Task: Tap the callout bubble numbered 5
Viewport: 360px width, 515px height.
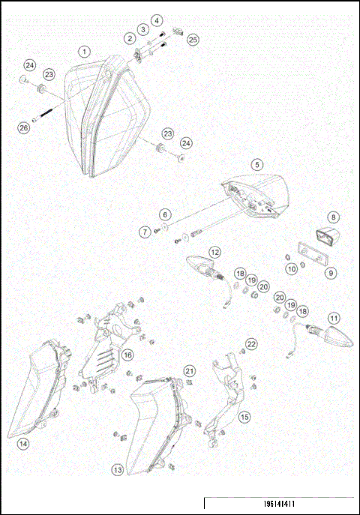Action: pyautogui.click(x=256, y=164)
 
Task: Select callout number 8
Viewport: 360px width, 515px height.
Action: pyautogui.click(x=333, y=217)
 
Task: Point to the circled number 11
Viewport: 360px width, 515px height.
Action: pyautogui.click(x=333, y=317)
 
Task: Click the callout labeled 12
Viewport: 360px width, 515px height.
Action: pyautogui.click(x=214, y=252)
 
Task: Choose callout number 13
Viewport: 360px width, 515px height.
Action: pyautogui.click(x=118, y=470)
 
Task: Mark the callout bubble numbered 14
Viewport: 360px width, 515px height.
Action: pyautogui.click(x=23, y=444)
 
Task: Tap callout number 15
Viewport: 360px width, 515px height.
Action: pyautogui.click(x=244, y=416)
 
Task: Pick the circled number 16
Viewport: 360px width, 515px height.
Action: pyautogui.click(x=128, y=354)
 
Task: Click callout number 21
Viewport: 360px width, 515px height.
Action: pyautogui.click(x=190, y=371)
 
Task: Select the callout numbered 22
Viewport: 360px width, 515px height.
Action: pyautogui.click(x=252, y=343)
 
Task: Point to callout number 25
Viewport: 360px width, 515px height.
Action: pyautogui.click(x=193, y=38)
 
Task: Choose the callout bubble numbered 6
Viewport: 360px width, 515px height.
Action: pyautogui.click(x=165, y=214)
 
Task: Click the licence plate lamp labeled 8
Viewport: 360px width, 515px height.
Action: pyautogui.click(x=328, y=236)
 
